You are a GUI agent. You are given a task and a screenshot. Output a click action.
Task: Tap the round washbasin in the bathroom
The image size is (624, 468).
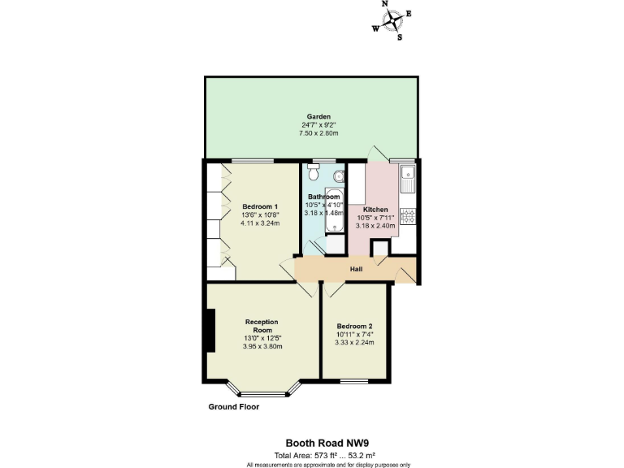(339, 176)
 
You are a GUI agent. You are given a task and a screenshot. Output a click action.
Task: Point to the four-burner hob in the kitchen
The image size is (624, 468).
(410, 216)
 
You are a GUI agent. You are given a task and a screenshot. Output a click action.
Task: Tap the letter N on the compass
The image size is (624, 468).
(385, 4)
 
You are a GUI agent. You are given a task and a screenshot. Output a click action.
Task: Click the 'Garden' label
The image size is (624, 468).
(311, 116)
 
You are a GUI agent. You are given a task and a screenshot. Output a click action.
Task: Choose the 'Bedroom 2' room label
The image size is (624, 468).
(354, 325)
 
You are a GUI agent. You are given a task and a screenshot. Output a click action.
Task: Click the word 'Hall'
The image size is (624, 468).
(356, 269)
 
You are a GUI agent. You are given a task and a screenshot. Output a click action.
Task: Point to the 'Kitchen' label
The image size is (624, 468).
(375, 209)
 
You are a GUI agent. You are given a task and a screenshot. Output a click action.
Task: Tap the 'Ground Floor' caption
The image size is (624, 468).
(233, 406)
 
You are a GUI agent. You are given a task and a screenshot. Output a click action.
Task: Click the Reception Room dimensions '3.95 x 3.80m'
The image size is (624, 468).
(262, 347)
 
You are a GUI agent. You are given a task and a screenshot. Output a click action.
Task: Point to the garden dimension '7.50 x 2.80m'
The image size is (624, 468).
(312, 133)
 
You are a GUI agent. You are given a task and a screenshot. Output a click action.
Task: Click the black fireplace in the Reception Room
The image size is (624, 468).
(211, 331)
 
